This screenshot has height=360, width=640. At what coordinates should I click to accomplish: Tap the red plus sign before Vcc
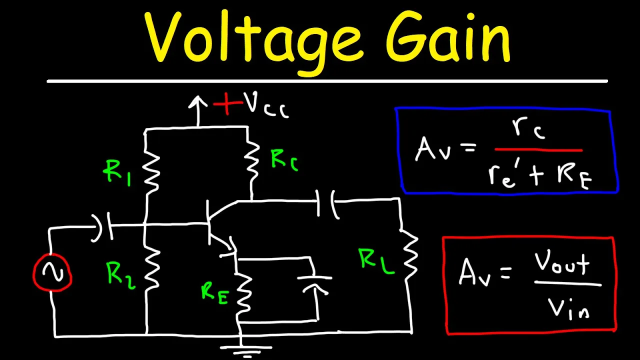coord(227,103)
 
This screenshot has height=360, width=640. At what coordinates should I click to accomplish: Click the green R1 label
coord(116,172)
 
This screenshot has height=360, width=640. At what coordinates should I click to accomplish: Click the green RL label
coord(376,261)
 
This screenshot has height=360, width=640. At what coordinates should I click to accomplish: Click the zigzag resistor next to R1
coord(151,171)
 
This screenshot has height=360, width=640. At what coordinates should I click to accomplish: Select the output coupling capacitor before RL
coord(327,204)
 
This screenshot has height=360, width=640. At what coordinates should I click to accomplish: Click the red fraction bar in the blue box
coord(538,149)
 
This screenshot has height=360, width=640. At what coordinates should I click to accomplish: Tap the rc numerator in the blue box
coord(528,128)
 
